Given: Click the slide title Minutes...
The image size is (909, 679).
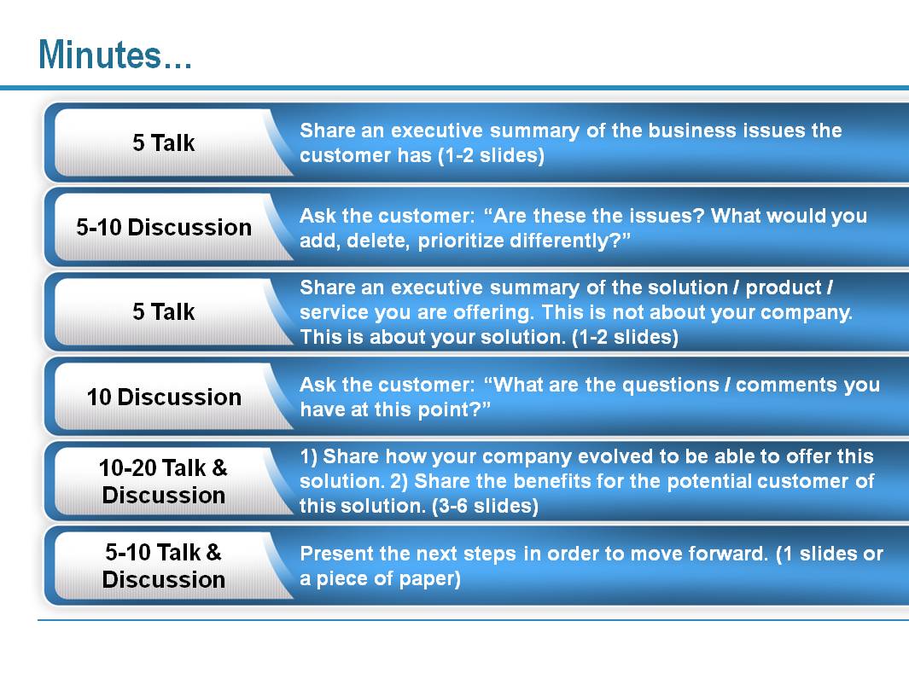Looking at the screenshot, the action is (x=114, y=55).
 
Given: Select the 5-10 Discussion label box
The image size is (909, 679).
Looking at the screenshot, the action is (x=164, y=227).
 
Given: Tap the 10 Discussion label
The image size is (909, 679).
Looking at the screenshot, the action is (x=164, y=397).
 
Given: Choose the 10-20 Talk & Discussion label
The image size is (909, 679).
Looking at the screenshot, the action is (x=164, y=481).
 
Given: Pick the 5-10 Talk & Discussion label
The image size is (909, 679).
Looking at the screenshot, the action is (x=164, y=566).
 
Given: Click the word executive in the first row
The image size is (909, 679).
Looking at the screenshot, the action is (x=436, y=131).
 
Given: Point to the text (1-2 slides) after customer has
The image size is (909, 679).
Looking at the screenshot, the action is (x=491, y=155).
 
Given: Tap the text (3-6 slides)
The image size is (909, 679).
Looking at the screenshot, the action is (x=485, y=507).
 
